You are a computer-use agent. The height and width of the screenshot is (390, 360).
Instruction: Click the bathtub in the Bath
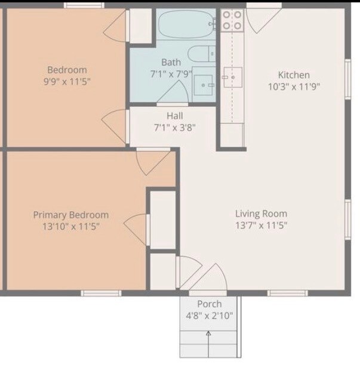pyautogui.click(x=186, y=24)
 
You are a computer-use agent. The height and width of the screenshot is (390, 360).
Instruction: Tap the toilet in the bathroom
pyautogui.click(x=202, y=54)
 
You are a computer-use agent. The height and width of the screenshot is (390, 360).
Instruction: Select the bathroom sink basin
pyautogui.click(x=204, y=85)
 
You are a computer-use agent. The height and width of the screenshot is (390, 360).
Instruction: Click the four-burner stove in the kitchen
pyautogui.click(x=232, y=20)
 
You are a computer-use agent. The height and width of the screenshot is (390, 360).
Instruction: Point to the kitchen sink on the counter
pyautogui.click(x=233, y=77)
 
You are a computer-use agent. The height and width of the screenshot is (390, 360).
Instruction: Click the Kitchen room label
pyautogui.click(x=294, y=75)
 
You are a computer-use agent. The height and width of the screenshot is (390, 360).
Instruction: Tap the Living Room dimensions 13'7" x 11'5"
pyautogui.click(x=261, y=225)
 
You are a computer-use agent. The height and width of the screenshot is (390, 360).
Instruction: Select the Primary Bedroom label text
pyautogui.click(x=71, y=215)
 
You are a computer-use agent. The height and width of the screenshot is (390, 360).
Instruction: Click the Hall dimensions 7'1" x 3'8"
pyautogui.click(x=175, y=128)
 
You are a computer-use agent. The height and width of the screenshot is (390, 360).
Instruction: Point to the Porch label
pyautogui.click(x=210, y=304)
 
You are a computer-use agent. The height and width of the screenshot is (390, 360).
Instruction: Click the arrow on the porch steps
pyautogui.click(x=208, y=345)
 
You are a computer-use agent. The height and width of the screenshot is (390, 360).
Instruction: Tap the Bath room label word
pyautogui.click(x=171, y=62)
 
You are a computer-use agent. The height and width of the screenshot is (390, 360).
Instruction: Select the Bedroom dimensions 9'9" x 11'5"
pyautogui.click(x=67, y=81)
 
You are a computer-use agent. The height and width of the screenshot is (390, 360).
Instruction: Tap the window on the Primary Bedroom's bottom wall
pyautogui.click(x=101, y=293)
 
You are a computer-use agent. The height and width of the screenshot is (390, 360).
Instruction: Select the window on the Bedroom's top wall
pyautogui.click(x=84, y=5)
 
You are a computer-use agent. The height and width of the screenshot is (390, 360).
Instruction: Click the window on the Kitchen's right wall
pyautogui.click(x=348, y=79)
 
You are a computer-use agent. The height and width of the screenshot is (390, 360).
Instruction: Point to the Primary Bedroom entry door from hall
pyautogui.click(x=153, y=162)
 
